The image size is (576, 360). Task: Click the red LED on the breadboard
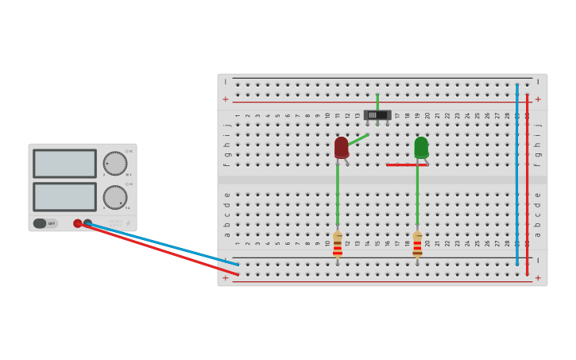(342, 147)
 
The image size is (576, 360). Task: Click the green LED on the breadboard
(421, 147)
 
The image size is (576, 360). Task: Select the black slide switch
(377, 115)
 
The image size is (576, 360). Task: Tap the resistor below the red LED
(338, 244)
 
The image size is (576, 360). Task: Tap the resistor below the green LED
(417, 244)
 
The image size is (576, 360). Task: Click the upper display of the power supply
(64, 164)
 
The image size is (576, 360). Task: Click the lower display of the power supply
(64, 196)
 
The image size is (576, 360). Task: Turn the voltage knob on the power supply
(114, 164)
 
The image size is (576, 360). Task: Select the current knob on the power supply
(114, 197)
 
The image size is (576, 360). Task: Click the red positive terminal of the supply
(78, 223)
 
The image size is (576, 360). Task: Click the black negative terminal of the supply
(88, 223)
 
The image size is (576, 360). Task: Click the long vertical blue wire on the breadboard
(516, 175)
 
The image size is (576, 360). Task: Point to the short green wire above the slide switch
(377, 100)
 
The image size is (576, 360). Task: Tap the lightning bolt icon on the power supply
(128, 223)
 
